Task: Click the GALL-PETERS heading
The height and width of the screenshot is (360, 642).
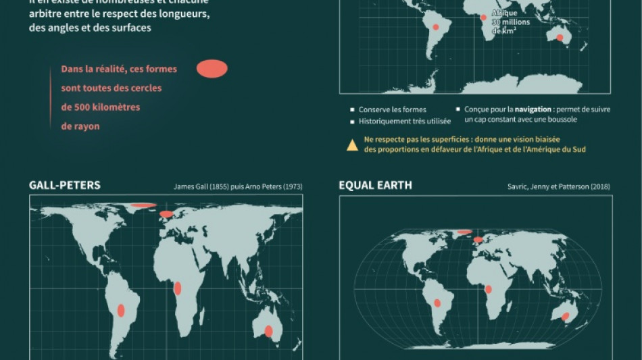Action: pyautogui.click(x=64, y=185)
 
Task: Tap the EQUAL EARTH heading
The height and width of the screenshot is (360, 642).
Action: pyautogui.click(x=376, y=185)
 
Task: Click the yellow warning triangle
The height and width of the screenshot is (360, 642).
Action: pyautogui.click(x=352, y=145)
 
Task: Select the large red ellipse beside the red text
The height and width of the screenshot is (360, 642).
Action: pyautogui.click(x=212, y=69)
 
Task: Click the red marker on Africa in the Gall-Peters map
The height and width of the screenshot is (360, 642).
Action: pyautogui.click(x=178, y=288)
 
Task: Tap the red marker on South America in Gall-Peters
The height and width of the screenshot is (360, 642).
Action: pyautogui.click(x=122, y=311)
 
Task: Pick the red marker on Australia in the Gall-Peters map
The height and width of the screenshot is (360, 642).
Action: pyautogui.click(x=268, y=331)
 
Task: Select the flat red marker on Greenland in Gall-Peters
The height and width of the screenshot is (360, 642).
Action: pyautogui.click(x=143, y=205)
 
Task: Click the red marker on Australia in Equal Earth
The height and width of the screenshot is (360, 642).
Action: pyautogui.click(x=566, y=315)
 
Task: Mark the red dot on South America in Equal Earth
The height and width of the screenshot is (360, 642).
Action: pyautogui.click(x=437, y=303)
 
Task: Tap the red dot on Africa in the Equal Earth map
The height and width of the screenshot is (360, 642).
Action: pyautogui.click(x=489, y=290)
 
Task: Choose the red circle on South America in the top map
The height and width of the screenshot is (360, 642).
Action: pyautogui.click(x=436, y=28)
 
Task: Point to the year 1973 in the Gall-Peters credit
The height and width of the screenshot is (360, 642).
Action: pyautogui.click(x=291, y=186)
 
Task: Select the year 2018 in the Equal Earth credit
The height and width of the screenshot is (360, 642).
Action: pyautogui.click(x=601, y=186)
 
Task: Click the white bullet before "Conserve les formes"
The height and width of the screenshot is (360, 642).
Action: pyautogui.click(x=352, y=109)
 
